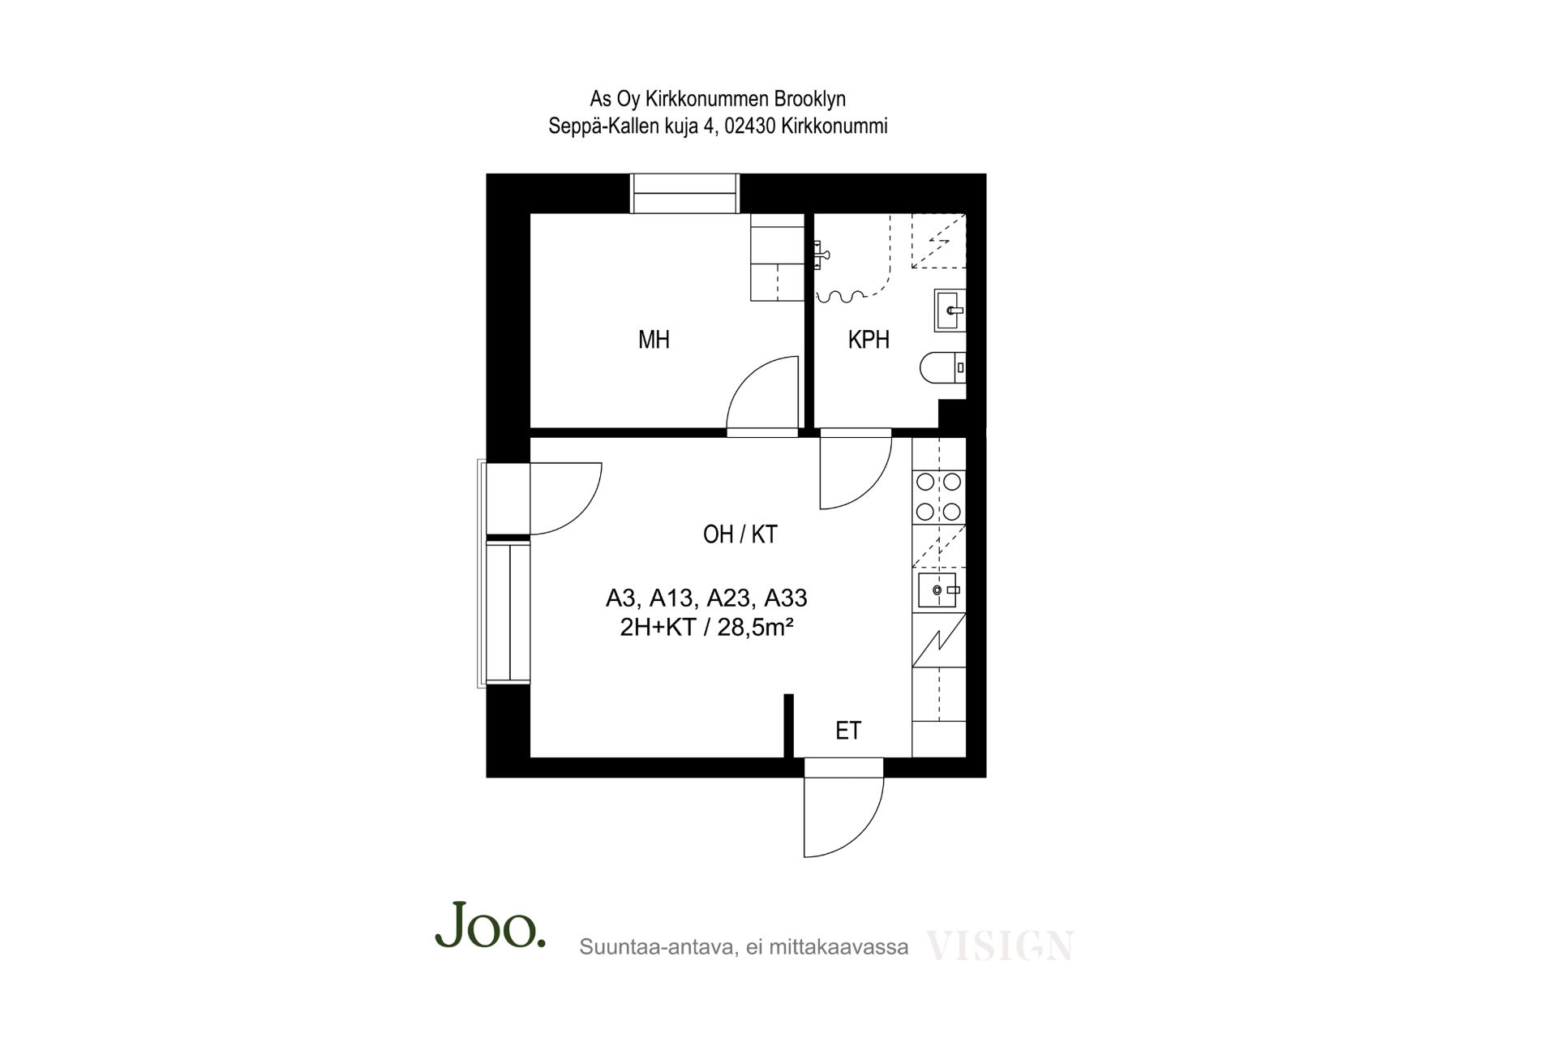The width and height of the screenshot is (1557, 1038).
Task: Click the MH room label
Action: click(654, 340)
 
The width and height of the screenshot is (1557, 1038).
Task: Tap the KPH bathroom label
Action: click(869, 340)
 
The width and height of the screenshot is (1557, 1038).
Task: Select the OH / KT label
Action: click(740, 534)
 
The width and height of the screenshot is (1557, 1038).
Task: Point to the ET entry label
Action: click(848, 731)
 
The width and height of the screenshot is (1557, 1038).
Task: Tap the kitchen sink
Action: click(939, 590)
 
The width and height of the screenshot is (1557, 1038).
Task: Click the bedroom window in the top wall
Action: click(685, 194)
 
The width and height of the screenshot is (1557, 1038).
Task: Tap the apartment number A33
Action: click(786, 598)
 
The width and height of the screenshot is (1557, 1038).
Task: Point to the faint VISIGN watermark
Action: click(999, 946)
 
